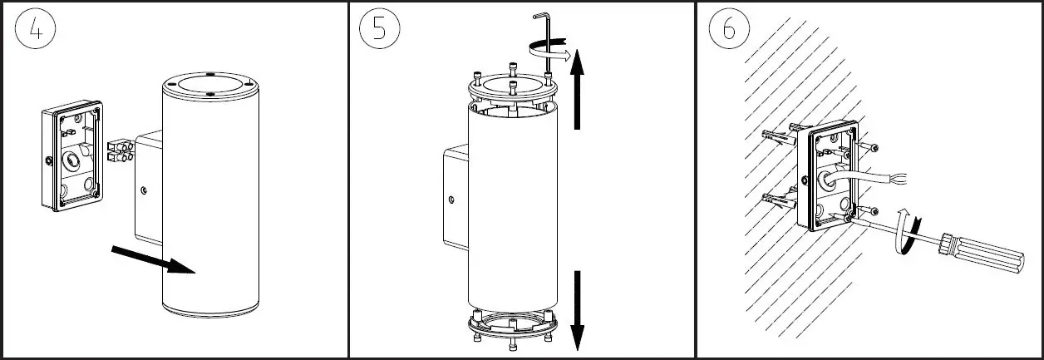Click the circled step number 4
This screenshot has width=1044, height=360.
(36, 29)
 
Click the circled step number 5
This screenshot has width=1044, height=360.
(379, 29)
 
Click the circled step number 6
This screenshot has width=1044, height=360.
(729, 29)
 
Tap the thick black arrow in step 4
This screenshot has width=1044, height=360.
(154, 259)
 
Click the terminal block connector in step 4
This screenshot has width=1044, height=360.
(121, 150)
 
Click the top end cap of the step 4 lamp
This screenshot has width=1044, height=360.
(209, 86)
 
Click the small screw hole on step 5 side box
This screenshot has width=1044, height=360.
(451, 200)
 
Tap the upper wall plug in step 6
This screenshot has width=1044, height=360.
(776, 136)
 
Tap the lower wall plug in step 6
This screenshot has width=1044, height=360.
(776, 200)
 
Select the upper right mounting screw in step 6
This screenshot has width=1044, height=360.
(872, 147)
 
